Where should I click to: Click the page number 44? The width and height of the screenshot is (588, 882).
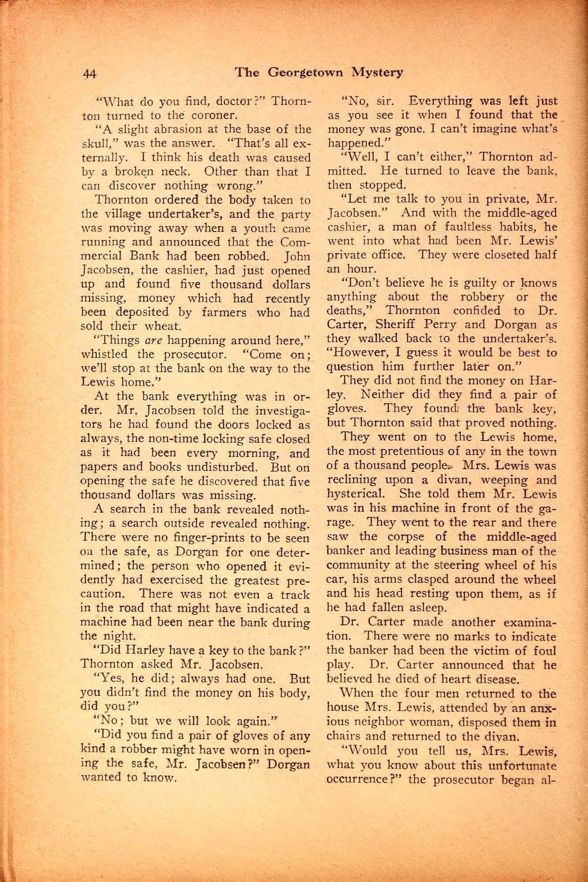(93, 73)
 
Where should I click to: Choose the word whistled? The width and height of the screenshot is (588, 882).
(105, 355)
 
